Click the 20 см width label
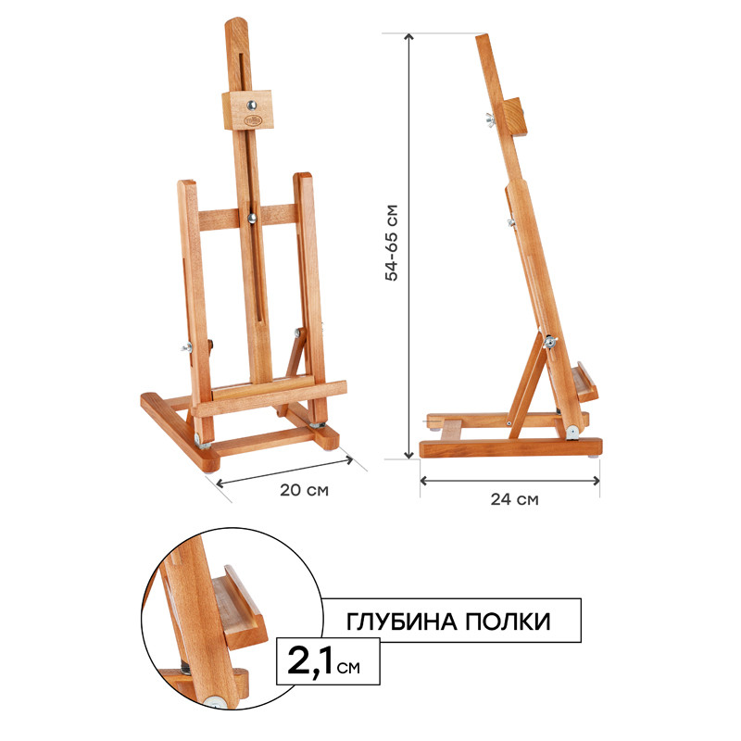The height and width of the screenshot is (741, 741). pos(304,490)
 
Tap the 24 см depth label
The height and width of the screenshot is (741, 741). pos(514,499)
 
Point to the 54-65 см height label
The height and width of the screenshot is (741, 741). pos(392,243)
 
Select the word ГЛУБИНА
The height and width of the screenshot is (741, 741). pos(402,622)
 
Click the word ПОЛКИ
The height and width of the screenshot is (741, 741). pos(508,621)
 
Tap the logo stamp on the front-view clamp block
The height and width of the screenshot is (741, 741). pos(252,120)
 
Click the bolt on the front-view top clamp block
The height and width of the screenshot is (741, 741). pos(251,105)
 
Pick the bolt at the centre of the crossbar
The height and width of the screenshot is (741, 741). pos(252,218)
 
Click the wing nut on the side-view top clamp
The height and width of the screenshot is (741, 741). pos(490,120)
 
